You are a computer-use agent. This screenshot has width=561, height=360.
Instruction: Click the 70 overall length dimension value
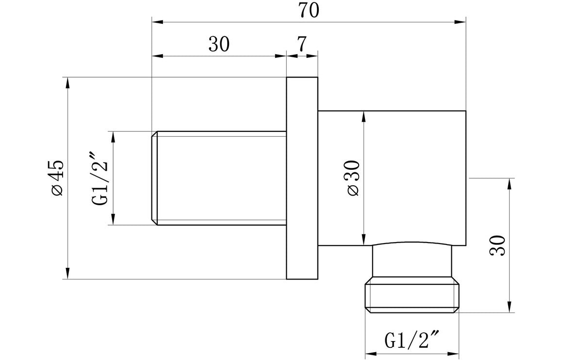coord(309,11)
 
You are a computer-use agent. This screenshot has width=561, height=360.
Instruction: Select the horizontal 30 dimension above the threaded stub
coord(218,45)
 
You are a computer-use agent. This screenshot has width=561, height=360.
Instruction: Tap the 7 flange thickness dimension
coord(301,45)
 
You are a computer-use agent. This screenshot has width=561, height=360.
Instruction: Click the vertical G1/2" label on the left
coord(99,178)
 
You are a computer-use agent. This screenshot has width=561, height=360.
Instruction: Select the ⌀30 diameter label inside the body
coord(353,178)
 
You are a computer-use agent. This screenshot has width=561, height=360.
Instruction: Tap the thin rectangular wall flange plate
coord(302,178)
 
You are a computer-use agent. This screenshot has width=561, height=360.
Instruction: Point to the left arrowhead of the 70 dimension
coord(156,22)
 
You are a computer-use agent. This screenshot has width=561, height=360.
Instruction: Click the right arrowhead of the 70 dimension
coord(462,22)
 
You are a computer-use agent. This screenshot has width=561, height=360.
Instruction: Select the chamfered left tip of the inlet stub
coord(154,178)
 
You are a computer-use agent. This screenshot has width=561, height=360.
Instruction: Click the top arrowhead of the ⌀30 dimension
coord(363,116)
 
